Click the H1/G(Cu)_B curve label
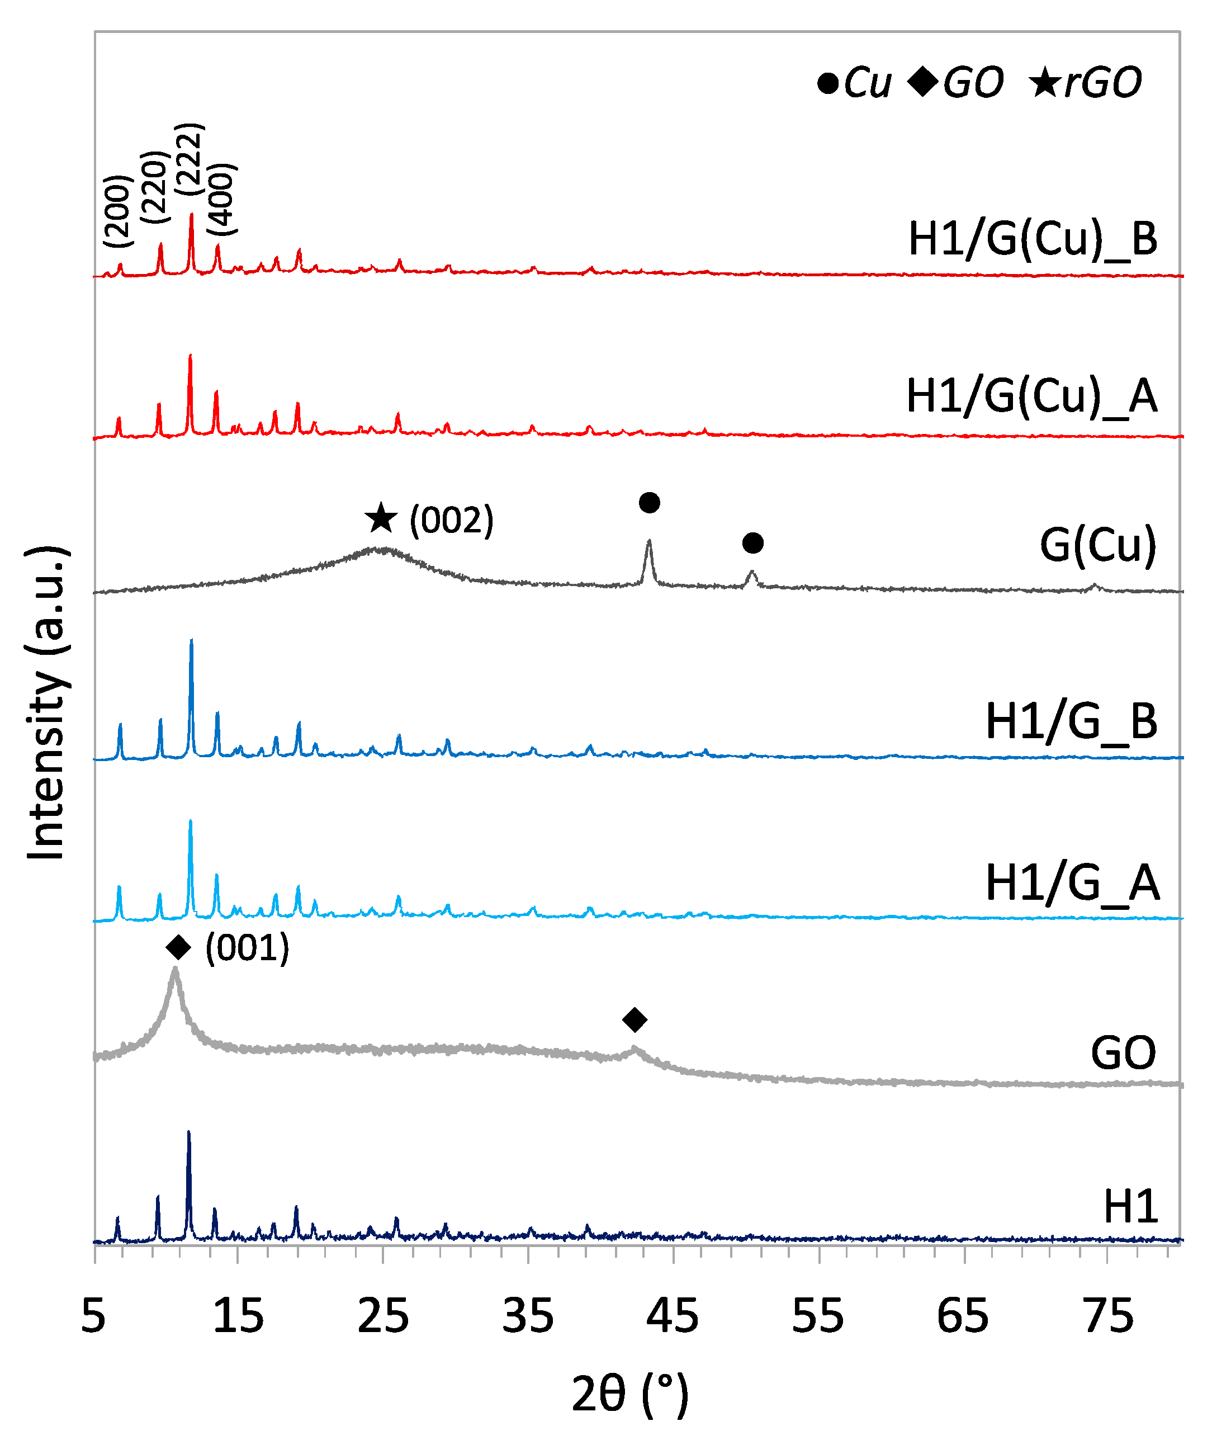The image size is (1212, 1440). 1033,240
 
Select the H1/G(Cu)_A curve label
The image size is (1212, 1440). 1031,396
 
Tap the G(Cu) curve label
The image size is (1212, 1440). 1098,545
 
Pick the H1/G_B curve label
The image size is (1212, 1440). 1071,723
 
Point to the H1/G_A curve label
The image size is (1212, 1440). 1073,883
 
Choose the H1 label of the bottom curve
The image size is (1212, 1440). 1130,1206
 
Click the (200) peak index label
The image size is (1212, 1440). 117,211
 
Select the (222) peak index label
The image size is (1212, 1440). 189,159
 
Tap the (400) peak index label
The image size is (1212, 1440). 221,199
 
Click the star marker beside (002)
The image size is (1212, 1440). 381,519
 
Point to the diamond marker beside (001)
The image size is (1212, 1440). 179,948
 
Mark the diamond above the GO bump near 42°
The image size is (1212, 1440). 634,1019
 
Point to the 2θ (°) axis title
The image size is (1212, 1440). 629,1395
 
